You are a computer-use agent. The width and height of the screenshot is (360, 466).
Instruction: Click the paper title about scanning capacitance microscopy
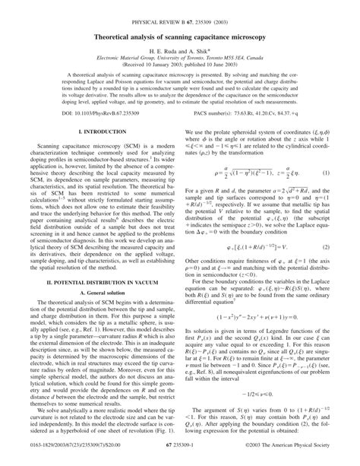(180, 35)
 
